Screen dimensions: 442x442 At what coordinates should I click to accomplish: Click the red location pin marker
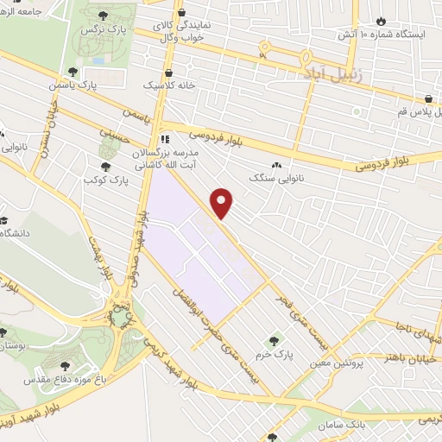223,203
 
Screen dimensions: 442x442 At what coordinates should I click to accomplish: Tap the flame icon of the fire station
383,19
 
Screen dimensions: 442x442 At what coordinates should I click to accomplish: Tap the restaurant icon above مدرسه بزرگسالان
164,138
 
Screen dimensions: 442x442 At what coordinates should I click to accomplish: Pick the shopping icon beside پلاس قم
428,98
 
